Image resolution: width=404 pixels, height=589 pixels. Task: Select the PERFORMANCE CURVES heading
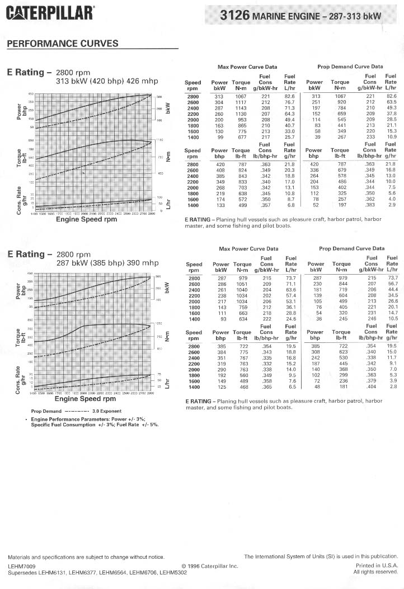(62, 44)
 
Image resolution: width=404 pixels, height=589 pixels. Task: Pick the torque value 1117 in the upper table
(241, 102)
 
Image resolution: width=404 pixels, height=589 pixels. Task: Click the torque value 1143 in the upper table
(241, 108)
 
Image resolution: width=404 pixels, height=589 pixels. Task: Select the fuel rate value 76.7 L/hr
(289, 102)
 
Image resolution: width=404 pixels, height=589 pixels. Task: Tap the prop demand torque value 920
(340, 102)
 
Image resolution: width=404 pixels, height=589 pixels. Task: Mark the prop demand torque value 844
(341, 284)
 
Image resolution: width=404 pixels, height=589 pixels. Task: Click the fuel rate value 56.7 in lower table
(392, 284)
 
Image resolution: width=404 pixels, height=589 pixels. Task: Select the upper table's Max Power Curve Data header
(247, 67)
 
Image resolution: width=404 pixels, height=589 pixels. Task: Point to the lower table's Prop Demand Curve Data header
(351, 248)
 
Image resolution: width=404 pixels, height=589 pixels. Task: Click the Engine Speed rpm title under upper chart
(87, 219)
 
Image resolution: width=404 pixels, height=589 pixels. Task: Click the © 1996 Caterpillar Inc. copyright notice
(210, 566)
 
